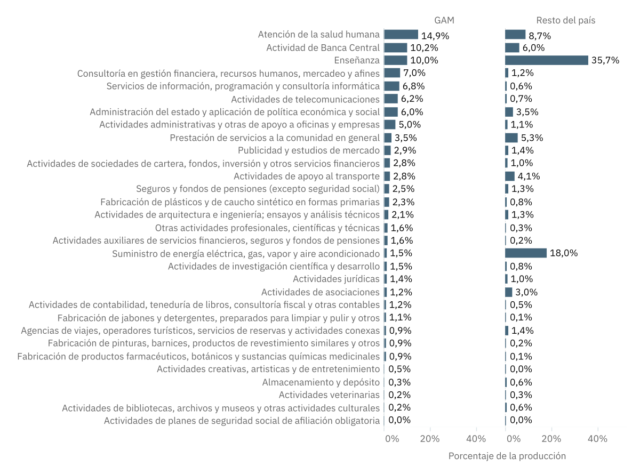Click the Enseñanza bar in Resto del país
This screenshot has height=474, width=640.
click(547, 60)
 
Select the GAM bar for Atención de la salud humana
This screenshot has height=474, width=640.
click(401, 35)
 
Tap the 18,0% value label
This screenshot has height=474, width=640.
click(564, 253)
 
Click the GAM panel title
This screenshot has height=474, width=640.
click(444, 20)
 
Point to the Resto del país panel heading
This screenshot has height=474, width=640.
click(565, 20)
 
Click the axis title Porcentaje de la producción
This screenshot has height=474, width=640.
click(507, 456)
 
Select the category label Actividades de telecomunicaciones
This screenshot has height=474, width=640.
click(305, 99)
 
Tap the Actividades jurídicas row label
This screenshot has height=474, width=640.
click(336, 279)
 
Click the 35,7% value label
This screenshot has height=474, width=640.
click(605, 60)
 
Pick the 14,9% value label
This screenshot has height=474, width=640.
click(435, 36)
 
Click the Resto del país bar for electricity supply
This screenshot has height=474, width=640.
click(526, 253)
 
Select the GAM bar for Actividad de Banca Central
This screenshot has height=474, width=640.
click(395, 47)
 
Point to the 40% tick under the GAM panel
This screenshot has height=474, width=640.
click(476, 439)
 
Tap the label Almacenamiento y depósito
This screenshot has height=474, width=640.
click(321, 382)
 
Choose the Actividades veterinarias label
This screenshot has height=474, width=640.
click(329, 395)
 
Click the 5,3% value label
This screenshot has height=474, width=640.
click(532, 138)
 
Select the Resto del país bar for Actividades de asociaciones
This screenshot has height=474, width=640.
click(508, 292)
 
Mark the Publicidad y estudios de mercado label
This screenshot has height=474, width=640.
click(309, 150)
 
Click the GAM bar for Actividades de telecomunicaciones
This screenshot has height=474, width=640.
click(391, 99)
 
